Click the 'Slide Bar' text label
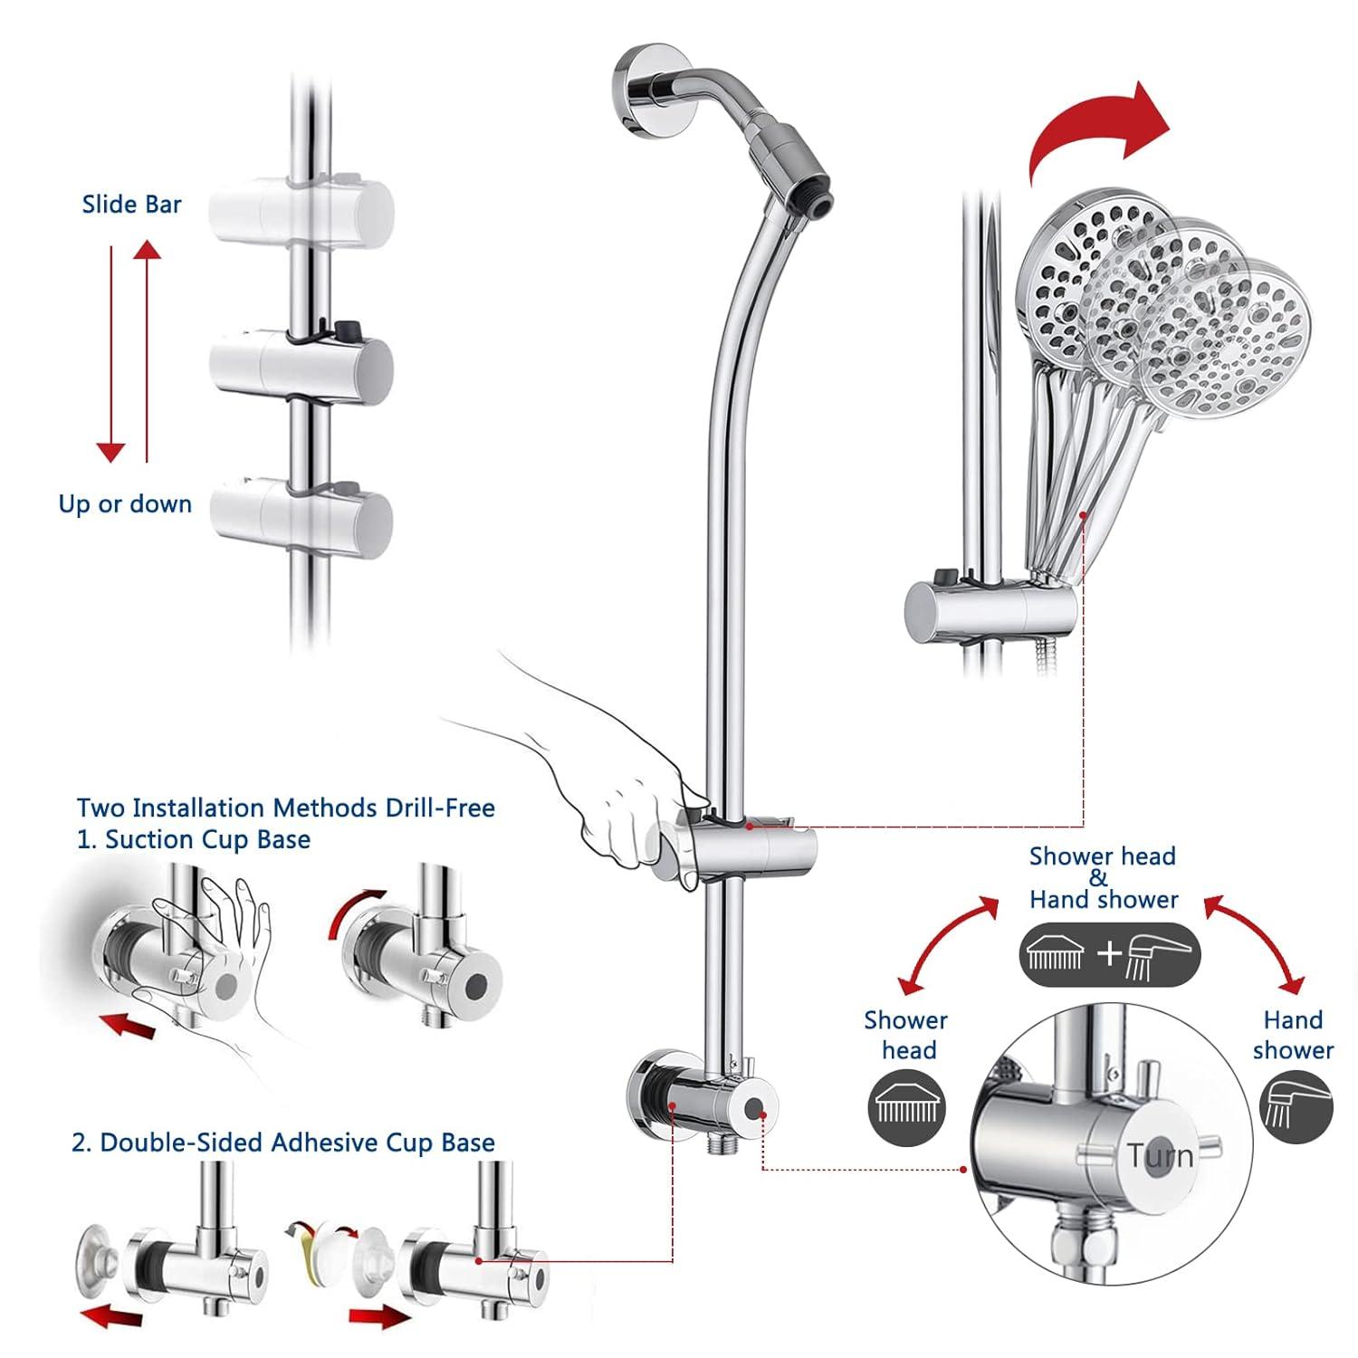(131, 205)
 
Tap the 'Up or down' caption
(125, 504)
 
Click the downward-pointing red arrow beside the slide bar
(111, 353)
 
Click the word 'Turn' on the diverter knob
(1160, 1156)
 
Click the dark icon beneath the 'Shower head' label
(907, 1106)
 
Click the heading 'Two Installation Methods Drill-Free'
(285, 808)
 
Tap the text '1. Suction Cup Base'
(193, 840)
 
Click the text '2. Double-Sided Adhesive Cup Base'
(282, 1143)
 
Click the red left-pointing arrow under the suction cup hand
(127, 1024)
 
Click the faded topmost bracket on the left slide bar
(301, 210)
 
